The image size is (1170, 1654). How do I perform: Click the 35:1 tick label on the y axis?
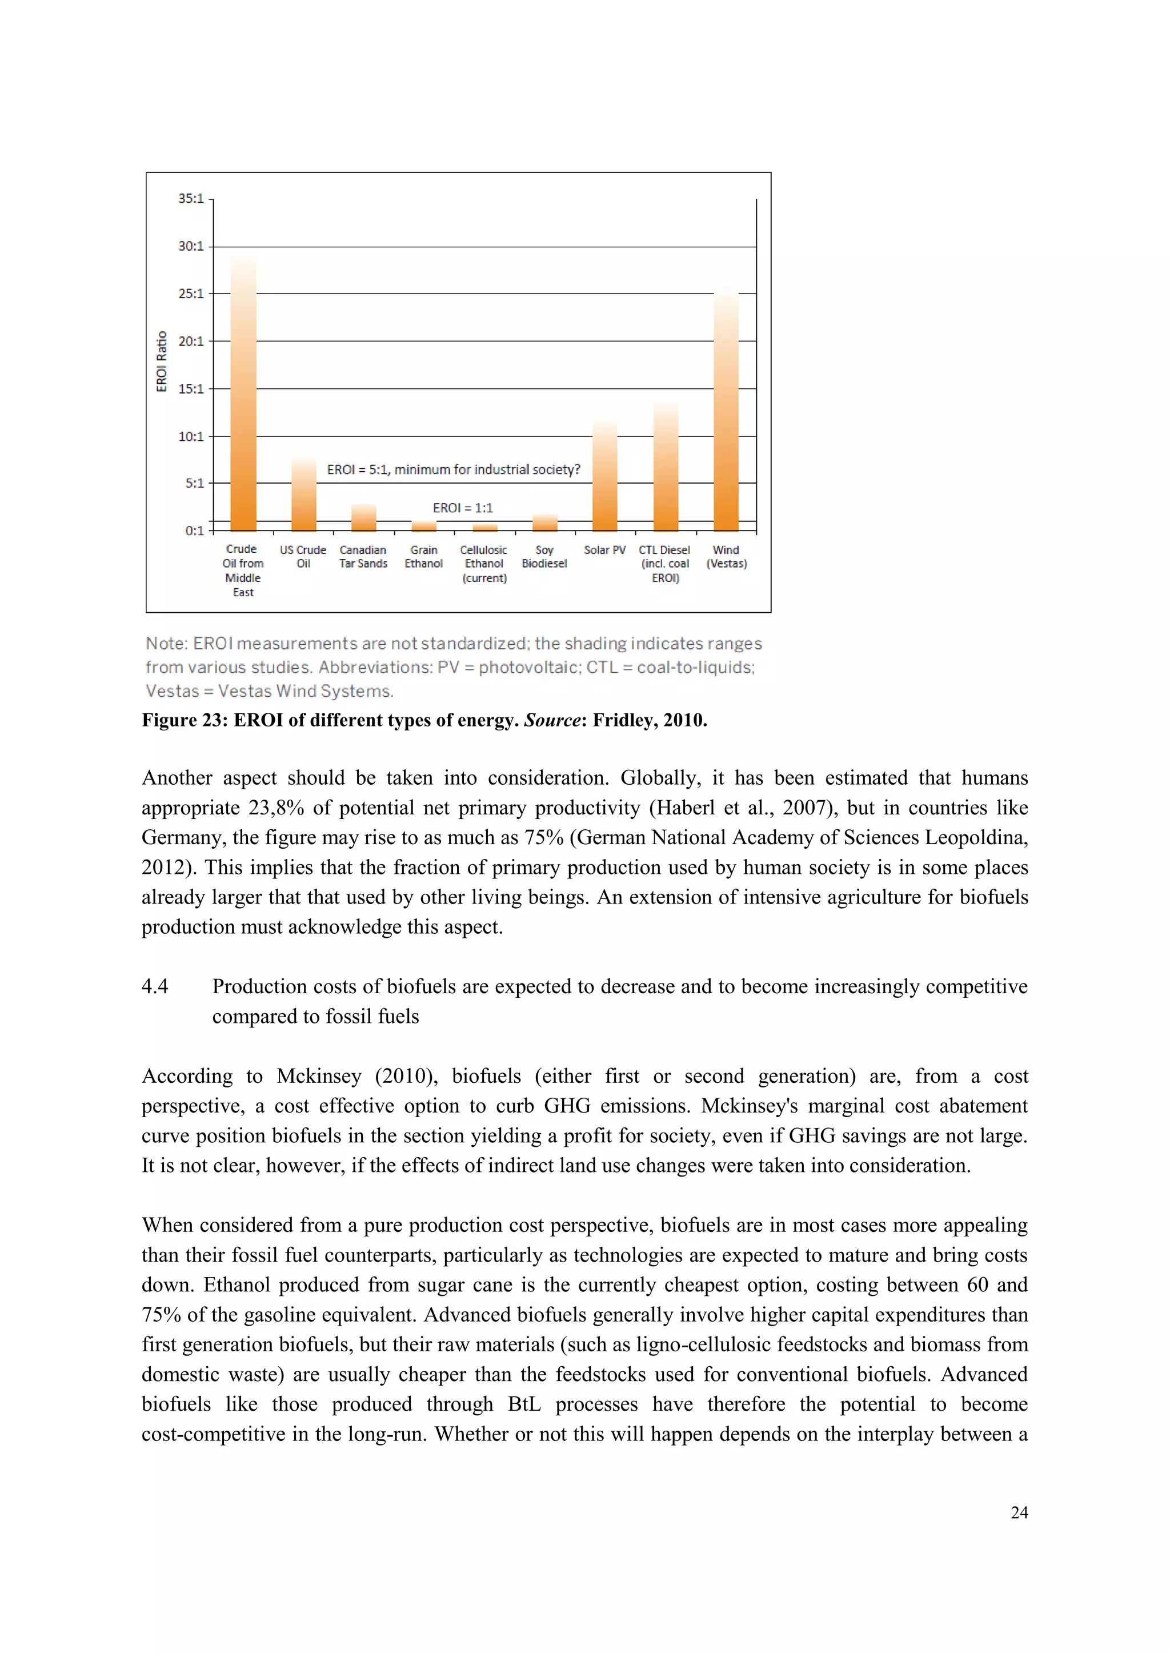pos(191,198)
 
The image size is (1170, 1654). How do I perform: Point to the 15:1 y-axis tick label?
pos(191,389)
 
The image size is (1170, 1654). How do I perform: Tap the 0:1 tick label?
pos(194,531)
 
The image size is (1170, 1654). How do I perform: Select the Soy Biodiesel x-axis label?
pos(544,557)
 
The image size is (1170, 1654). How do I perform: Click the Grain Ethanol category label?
pos(424,557)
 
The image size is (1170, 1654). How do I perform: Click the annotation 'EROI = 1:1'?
pos(463,508)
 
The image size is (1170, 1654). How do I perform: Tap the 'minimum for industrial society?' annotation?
pos(487,469)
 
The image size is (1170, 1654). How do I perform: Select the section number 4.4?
pos(155,986)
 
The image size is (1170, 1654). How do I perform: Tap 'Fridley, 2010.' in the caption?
pos(650,720)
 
